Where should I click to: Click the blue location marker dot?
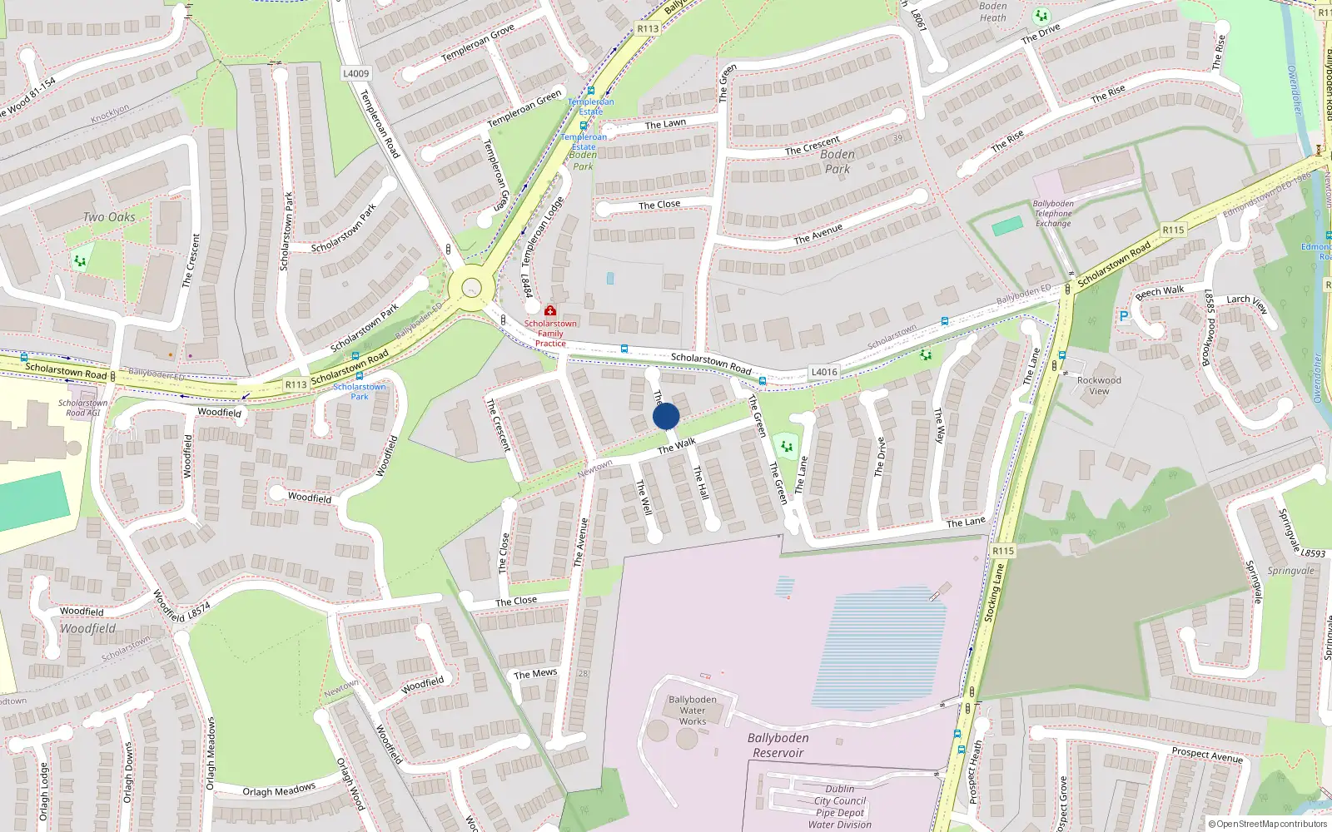pos(666,416)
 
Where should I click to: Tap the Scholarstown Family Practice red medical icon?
pos(550,311)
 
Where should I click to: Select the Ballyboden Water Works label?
pos(692,711)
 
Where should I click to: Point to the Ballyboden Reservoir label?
pos(778,745)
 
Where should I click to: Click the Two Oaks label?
pos(109,217)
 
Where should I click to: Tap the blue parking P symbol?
pos(1124,316)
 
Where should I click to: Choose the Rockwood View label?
pos(1099,385)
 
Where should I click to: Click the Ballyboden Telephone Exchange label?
pos(1053,214)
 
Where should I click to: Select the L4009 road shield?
pos(355,73)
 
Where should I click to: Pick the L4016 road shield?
pos(824,372)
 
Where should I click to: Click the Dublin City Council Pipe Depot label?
pos(840,806)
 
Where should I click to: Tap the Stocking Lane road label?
pos(994,592)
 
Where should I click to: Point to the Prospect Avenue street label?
pos(1207,755)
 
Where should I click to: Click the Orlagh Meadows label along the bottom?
pos(279,790)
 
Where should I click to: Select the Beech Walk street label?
pos(1160,292)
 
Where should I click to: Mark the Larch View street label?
pos(1247,301)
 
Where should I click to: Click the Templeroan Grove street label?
pos(478,43)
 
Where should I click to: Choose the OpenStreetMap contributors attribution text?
pos(1268,825)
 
